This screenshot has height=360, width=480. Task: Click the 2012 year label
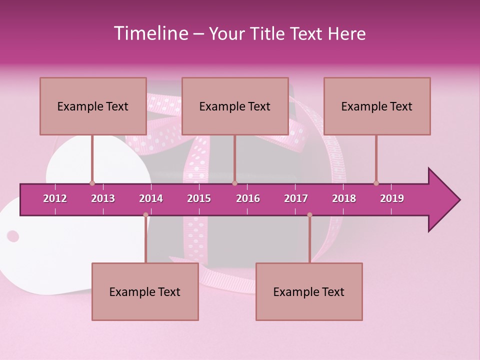[x=55, y=198]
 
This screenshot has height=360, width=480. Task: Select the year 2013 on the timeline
[x=103, y=198]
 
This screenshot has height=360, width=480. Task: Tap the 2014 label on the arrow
[x=151, y=198]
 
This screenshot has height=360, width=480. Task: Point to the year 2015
[x=199, y=198]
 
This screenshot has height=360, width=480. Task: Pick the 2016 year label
[x=248, y=198]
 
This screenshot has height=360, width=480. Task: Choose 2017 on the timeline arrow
[x=296, y=198]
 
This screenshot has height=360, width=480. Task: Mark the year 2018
[x=344, y=198]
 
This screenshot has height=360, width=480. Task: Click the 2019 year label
[x=392, y=198]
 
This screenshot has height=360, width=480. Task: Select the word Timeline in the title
[x=150, y=33]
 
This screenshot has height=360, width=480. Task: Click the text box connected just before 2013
[x=93, y=106]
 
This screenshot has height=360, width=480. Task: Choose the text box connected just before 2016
[x=235, y=106]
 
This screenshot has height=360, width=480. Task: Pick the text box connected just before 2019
[x=377, y=106]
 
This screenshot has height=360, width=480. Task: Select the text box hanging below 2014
[x=145, y=291]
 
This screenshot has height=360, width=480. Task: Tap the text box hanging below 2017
[x=309, y=291]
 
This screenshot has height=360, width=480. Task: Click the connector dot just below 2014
[x=145, y=214]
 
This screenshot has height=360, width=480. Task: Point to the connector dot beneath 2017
[x=309, y=214]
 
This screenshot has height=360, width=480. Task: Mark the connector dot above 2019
[x=376, y=183]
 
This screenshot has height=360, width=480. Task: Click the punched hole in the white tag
[x=13, y=236]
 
